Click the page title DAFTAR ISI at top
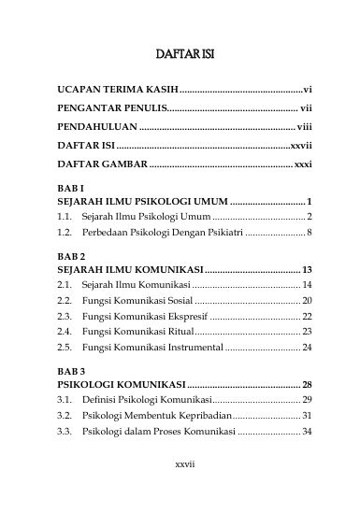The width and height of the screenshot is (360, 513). coord(184,54)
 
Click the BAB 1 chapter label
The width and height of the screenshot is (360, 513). coord(71,188)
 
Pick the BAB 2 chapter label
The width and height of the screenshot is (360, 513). coord(71,255)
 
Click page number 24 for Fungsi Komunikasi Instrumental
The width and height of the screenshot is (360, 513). coord(307,347)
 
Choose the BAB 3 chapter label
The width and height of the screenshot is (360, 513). coord(71,370)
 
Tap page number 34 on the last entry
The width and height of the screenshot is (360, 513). coord(307,431)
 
